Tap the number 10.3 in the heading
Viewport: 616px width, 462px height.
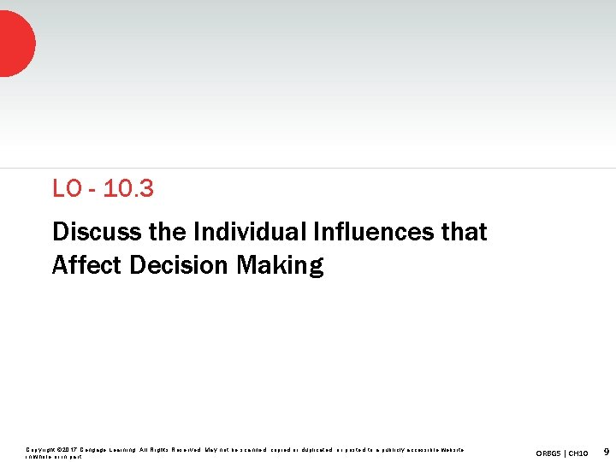(x=128, y=189)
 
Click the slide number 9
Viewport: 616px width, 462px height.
(x=606, y=451)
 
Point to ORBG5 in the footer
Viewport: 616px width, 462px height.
(x=551, y=452)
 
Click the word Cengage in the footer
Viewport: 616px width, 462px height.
(x=93, y=449)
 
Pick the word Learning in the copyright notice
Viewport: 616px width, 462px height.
(x=122, y=449)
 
